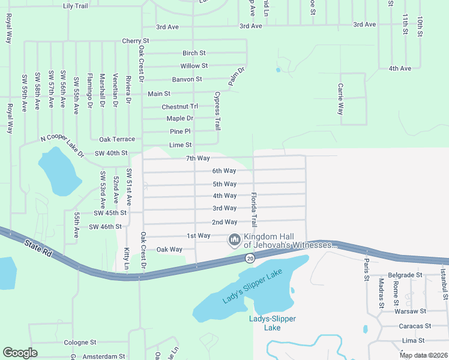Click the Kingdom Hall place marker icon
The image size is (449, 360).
coord(234,240)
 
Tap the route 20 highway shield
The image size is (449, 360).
coord(250,258)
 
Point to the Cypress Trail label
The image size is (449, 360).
coord(217,111)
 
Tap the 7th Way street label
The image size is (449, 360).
coord(197,158)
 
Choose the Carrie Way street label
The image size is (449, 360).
coord(340,99)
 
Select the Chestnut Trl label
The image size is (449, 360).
coord(179,106)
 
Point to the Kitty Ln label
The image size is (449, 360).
coord(127,258)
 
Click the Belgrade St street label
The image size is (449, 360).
coord(406,275)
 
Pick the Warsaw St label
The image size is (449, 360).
coord(410,311)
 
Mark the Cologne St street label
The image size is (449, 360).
coord(80,342)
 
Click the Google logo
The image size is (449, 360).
coord(20,353)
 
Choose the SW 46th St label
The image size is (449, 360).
coord(105,227)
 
